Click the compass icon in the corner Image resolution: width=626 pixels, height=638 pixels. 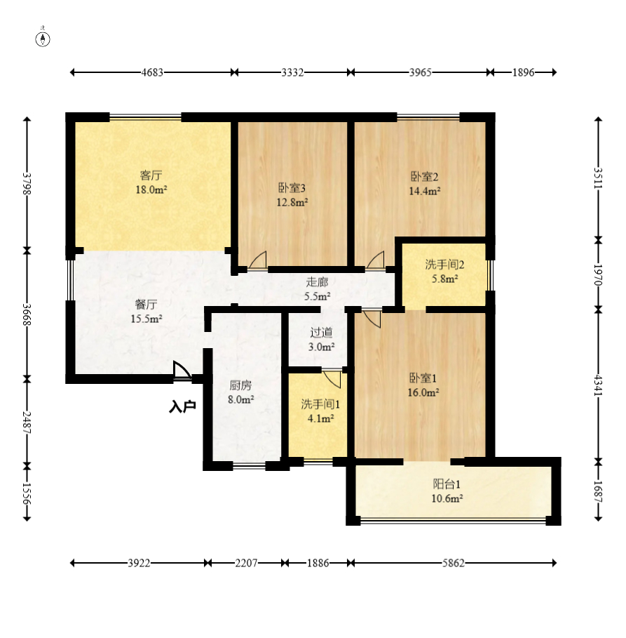(x=43, y=38)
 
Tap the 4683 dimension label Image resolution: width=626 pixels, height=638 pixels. (x=152, y=72)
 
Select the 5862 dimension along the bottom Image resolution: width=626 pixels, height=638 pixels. (x=454, y=563)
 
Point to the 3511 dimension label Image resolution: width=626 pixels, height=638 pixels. (x=598, y=178)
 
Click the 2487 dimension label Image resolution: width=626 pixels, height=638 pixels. (x=27, y=422)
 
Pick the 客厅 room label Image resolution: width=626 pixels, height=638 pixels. (x=151, y=175)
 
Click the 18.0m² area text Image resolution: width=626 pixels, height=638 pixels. (x=151, y=190)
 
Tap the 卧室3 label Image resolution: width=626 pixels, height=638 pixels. (x=292, y=188)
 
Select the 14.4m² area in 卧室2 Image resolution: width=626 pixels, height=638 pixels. (x=425, y=191)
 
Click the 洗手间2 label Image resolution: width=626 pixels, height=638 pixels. (x=444, y=265)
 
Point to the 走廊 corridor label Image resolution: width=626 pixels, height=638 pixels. (x=317, y=282)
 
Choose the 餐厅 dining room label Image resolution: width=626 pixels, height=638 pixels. (x=146, y=305)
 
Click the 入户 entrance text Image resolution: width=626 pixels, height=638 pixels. (x=182, y=406)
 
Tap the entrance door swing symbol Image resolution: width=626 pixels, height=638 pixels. (x=182, y=371)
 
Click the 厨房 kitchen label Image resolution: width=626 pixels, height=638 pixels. (x=240, y=385)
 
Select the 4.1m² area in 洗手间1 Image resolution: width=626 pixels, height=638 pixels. (x=321, y=418)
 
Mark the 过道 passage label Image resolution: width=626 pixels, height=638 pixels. (x=322, y=333)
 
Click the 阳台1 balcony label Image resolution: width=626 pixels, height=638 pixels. (x=447, y=484)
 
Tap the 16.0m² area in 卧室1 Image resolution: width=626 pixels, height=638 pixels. (x=423, y=392)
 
